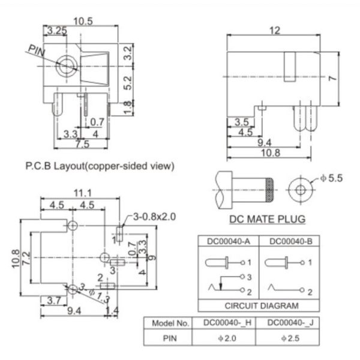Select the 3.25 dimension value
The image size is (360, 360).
(x=58, y=30)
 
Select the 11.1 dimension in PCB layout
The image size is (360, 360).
(x=83, y=193)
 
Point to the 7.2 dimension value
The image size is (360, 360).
(x=26, y=259)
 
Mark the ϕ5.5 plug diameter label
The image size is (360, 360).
(x=332, y=178)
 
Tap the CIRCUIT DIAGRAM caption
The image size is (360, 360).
(x=259, y=304)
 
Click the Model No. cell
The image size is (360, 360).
(x=170, y=323)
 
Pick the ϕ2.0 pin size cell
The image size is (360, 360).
(x=224, y=338)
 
